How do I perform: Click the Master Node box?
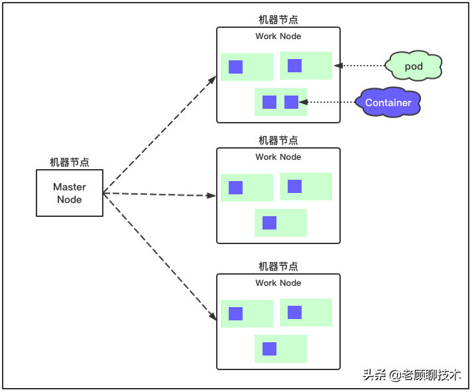(70, 193)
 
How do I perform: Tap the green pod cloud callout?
(414, 66)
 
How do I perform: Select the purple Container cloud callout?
(388, 103)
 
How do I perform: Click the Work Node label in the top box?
(278, 36)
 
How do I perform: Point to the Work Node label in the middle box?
(278, 157)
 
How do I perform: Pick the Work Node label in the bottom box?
(278, 283)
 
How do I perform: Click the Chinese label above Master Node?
(70, 163)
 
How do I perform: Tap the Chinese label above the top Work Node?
(278, 20)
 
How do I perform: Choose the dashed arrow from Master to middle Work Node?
(159, 194)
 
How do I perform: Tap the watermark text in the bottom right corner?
(411, 375)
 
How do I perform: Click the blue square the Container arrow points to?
(291, 102)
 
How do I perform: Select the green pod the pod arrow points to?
(306, 66)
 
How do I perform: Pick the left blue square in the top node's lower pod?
(269, 102)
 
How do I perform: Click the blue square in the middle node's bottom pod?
(269, 223)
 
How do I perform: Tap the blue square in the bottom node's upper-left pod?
(235, 314)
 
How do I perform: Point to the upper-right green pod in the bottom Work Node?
(306, 312)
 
